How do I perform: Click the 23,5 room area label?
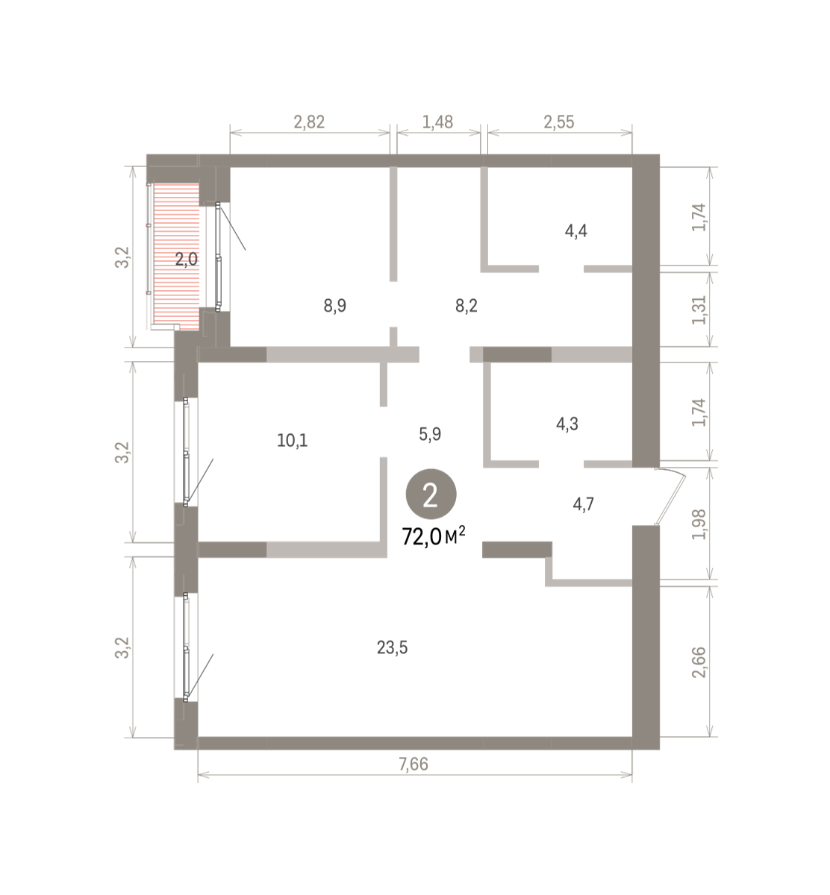click(392, 647)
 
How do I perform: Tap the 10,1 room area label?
click(293, 440)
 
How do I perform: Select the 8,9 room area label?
click(334, 306)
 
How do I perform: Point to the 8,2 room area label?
click(467, 306)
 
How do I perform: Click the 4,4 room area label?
click(576, 231)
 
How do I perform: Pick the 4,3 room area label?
click(567, 424)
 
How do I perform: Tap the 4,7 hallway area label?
click(583, 504)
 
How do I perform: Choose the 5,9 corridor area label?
click(430, 434)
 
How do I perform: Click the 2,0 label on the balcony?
click(187, 260)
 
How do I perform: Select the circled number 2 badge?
click(431, 494)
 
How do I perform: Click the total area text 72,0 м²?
click(434, 537)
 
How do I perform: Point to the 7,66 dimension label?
click(414, 764)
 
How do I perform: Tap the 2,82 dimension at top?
click(309, 122)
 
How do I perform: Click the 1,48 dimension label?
click(437, 122)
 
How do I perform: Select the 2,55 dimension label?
click(559, 122)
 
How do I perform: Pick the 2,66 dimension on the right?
click(699, 662)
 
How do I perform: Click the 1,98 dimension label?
click(699, 524)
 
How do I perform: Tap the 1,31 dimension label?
click(699, 310)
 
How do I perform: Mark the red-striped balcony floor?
click(177, 255)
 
